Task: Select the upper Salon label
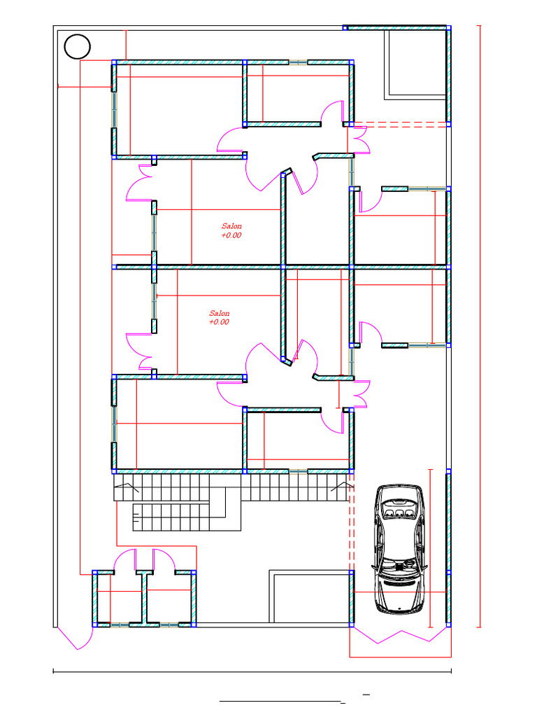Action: coord(231,226)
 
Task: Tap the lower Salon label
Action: coord(219,313)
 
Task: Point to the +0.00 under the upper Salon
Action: coord(231,235)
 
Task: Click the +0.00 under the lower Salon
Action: coord(219,322)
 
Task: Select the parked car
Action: coord(399,548)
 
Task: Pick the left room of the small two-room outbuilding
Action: coord(120,598)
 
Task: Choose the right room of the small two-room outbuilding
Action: coord(169,598)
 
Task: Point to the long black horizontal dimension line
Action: coord(252,671)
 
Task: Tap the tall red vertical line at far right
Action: coord(479,326)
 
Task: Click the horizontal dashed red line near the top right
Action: coord(400,123)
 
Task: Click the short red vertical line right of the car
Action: coord(430,548)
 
